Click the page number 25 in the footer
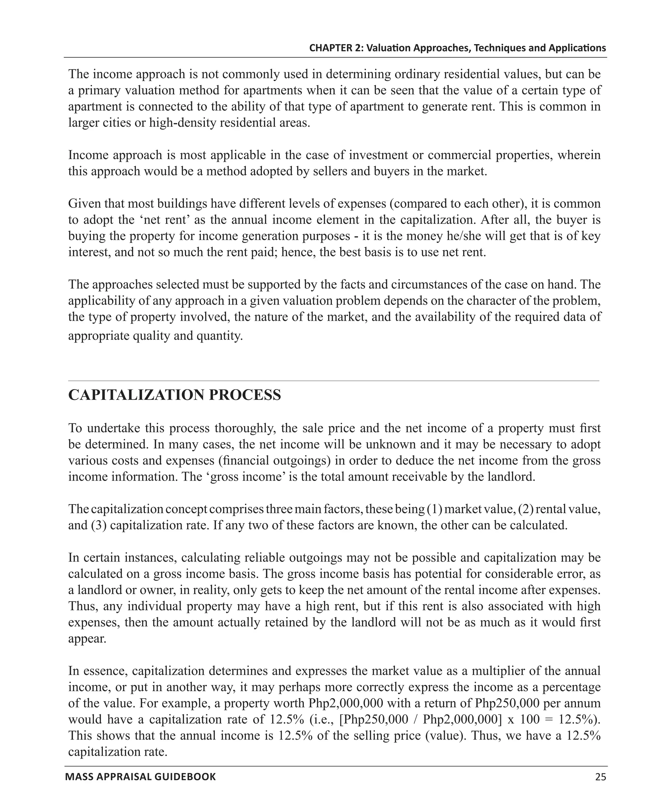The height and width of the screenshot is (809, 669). pos(600,777)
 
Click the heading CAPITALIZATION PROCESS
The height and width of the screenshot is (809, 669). pos(174,395)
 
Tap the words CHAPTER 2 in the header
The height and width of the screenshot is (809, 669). pos(335,48)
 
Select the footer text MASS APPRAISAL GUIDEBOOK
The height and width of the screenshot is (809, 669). pos(140,777)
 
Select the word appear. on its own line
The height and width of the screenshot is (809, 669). pos(87,639)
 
